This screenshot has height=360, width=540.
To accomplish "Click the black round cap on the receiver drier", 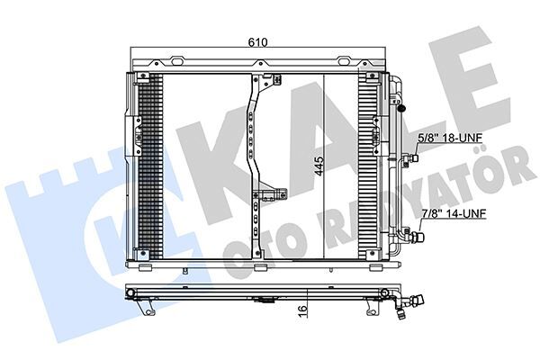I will click(x=401, y=108).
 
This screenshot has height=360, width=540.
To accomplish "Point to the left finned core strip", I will click(x=152, y=166).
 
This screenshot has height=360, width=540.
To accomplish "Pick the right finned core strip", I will click(x=369, y=166).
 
